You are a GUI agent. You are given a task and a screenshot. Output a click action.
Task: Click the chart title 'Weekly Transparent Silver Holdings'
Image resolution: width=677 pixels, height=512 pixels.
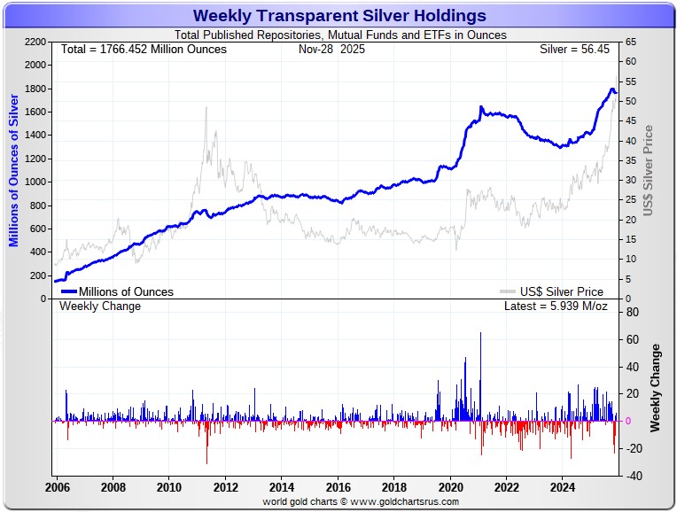click(339, 16)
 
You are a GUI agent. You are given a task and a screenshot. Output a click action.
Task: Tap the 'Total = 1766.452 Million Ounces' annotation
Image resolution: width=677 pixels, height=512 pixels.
click(144, 50)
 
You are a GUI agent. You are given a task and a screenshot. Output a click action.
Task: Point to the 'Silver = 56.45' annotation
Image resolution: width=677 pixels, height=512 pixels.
click(576, 50)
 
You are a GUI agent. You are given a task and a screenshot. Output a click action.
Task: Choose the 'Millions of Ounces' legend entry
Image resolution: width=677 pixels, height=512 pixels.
click(126, 291)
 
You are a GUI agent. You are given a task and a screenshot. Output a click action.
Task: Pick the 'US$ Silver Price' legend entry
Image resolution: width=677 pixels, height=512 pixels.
click(562, 291)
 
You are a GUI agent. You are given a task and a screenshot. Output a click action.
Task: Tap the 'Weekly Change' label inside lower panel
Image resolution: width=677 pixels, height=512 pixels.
click(100, 306)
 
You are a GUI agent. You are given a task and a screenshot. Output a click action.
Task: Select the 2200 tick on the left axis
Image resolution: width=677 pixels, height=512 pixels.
click(35, 42)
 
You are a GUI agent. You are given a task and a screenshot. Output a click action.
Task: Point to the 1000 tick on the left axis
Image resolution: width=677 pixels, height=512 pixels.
click(35, 182)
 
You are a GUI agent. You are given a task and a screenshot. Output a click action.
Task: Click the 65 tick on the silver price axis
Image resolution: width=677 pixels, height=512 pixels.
click(628, 42)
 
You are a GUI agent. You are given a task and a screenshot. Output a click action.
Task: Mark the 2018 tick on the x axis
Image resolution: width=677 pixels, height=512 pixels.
click(393, 487)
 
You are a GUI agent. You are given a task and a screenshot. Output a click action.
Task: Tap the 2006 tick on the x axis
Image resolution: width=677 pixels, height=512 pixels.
click(58, 487)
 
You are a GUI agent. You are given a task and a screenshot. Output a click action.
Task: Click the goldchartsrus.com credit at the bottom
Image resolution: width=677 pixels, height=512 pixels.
click(361, 501)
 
